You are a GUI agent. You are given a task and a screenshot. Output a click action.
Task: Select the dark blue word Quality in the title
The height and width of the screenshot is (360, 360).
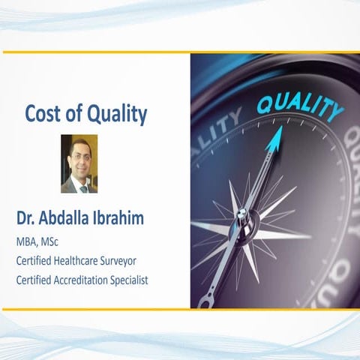[117, 115]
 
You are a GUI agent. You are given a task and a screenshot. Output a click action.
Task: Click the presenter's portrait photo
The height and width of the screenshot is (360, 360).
[79, 163]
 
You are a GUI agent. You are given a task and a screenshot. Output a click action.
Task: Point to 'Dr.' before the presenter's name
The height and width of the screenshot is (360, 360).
[27, 219]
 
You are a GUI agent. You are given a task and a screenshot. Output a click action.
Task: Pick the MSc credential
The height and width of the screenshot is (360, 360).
[59, 242]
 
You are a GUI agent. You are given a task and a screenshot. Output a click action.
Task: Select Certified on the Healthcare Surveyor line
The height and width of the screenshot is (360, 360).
[34, 261]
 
